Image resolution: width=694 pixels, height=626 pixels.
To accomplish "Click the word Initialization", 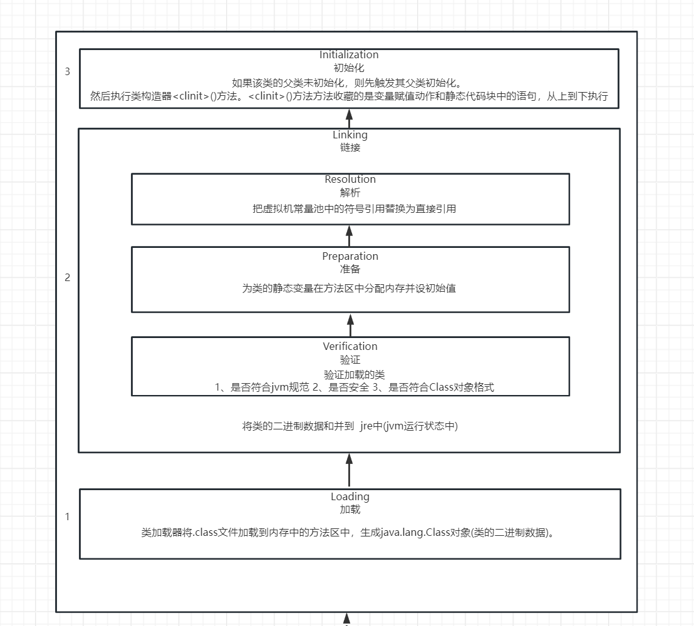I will coord(349,55).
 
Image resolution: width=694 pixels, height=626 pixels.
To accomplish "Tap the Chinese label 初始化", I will coord(350,68).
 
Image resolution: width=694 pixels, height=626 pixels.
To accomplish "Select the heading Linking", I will coord(350,135).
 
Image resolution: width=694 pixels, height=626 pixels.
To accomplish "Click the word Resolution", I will coord(350,180).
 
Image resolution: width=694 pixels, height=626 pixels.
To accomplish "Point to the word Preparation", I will coord(350,256).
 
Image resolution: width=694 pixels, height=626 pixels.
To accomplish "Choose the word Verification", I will coord(350,346).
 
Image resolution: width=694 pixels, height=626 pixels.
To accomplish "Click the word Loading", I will coord(350,496).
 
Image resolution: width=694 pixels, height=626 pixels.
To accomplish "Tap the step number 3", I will coord(68,71).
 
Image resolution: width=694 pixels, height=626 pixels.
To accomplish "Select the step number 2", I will coord(68,278).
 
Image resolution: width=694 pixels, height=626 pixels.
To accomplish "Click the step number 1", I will coord(68,517).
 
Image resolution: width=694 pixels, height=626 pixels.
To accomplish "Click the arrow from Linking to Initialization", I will coord(350,118).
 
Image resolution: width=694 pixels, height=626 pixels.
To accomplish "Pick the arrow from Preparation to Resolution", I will coord(350,235).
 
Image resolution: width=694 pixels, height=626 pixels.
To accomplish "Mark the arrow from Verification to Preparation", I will coord(350,324).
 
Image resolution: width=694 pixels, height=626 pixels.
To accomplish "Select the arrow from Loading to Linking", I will coord(350,470).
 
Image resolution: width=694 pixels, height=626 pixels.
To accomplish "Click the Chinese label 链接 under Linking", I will coord(350,148).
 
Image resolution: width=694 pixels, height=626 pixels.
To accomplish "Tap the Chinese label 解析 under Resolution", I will coord(350,193).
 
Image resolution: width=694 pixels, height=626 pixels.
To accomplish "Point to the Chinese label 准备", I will coord(350,269).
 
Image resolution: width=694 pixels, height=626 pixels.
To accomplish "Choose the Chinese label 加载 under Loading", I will coord(350,510).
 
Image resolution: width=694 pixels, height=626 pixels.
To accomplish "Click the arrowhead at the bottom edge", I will coord(346,621).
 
